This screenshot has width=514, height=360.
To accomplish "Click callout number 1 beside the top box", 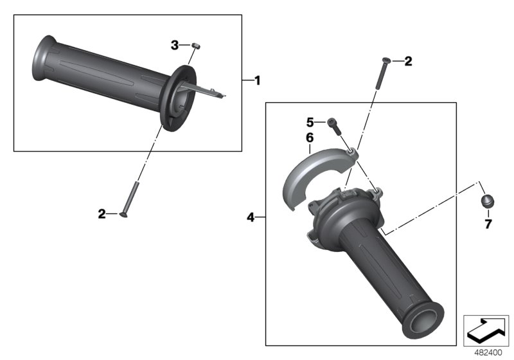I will tap(257, 81).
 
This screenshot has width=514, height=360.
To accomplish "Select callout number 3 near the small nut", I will tap(175, 45).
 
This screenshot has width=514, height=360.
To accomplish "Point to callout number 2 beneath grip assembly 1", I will tap(102, 213).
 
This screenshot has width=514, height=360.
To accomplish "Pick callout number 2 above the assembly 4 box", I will tap(408, 62).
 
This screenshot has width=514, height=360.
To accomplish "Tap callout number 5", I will tap(309, 122).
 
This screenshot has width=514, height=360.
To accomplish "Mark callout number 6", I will tap(309, 138).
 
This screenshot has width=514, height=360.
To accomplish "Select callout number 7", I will tap(488, 224).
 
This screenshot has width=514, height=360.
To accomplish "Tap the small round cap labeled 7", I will tap(488, 201).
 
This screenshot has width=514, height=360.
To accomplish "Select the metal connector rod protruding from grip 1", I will tap(206, 90).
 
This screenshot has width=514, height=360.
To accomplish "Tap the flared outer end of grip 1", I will tap(42, 60).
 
